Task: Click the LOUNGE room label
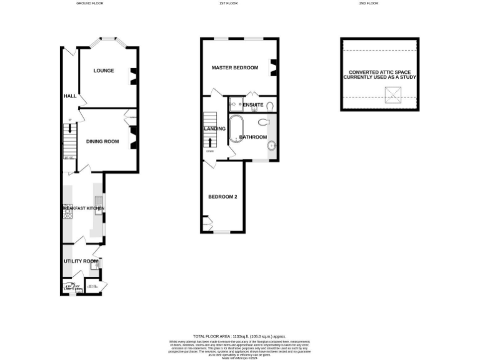point(104,71)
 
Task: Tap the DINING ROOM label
point(102,141)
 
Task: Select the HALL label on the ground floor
point(69,96)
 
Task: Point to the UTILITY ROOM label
point(81,261)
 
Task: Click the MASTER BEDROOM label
point(234,67)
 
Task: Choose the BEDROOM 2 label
point(222,197)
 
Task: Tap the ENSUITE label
point(253,104)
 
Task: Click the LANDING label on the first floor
point(214,129)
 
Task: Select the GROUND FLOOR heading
point(89,3)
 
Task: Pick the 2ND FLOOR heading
point(368,3)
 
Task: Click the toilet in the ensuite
point(269,106)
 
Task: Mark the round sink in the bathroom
point(272,146)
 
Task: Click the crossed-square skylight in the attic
point(392,94)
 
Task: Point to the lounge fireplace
point(132,76)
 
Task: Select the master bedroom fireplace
point(272,67)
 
